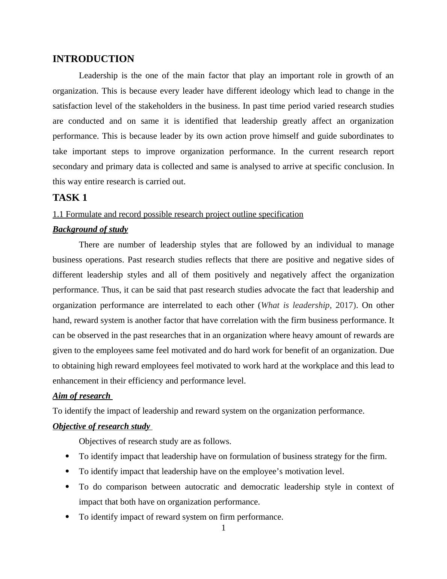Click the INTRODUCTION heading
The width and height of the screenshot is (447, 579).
[93, 59]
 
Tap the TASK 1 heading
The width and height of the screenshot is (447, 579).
[70, 198]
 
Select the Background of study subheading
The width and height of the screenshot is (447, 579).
[90, 229]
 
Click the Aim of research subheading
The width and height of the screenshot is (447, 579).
[82, 396]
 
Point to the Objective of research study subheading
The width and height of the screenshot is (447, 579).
[101, 426]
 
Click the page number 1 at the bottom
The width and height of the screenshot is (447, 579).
[223, 528]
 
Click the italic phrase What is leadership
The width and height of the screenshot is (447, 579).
[295, 305]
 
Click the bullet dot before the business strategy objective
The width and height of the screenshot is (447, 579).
[67, 456]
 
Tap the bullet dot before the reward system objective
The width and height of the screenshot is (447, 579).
[67, 517]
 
